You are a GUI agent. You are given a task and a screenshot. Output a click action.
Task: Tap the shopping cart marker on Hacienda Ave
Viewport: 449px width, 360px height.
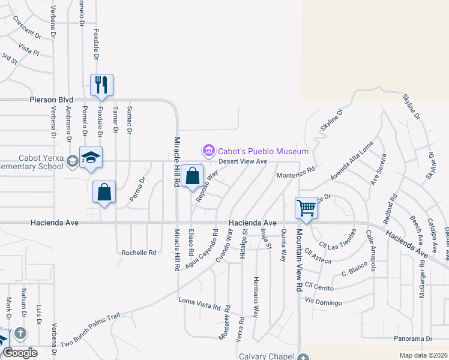coord(306,208)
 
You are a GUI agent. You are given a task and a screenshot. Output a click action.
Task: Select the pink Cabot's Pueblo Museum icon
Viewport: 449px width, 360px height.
coord(208,150)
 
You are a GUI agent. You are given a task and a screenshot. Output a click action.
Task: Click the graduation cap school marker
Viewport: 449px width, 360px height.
coord(91,157)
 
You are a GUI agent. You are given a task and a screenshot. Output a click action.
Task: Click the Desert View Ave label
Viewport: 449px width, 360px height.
coord(243,161)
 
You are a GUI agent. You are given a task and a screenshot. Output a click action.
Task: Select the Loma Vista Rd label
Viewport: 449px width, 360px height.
coord(199,302)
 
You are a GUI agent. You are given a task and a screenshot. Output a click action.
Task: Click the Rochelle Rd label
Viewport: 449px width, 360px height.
coord(139,253)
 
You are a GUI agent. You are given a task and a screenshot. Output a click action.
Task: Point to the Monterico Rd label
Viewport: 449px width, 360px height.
coord(295,173)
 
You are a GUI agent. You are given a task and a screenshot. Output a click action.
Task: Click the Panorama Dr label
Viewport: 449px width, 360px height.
coord(413,339)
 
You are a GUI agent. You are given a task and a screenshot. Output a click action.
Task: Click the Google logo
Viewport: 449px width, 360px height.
coord(20,352)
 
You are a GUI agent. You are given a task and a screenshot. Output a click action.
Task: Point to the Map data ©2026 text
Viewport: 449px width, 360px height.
coord(423,356)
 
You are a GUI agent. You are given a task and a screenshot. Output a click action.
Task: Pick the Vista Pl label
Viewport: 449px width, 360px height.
coord(28,49)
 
